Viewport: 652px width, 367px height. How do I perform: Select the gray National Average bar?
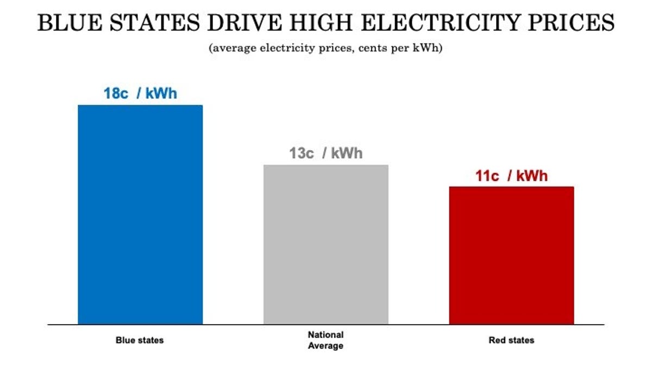tap(326, 245)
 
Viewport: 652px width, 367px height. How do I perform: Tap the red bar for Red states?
tap(511, 256)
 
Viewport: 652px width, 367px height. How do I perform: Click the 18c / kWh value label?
tap(140, 93)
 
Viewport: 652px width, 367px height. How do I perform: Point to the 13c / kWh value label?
tap(325, 153)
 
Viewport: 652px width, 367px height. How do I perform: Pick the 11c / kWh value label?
tap(511, 176)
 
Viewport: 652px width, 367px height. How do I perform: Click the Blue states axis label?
tap(140, 340)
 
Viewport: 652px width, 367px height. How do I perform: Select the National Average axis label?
tap(325, 340)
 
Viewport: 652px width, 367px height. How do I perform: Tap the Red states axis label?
tap(511, 340)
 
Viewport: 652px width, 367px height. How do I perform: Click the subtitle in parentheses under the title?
tap(326, 48)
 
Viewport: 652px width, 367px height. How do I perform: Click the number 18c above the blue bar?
tap(116, 93)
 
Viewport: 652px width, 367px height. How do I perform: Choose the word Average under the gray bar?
tap(325, 346)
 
